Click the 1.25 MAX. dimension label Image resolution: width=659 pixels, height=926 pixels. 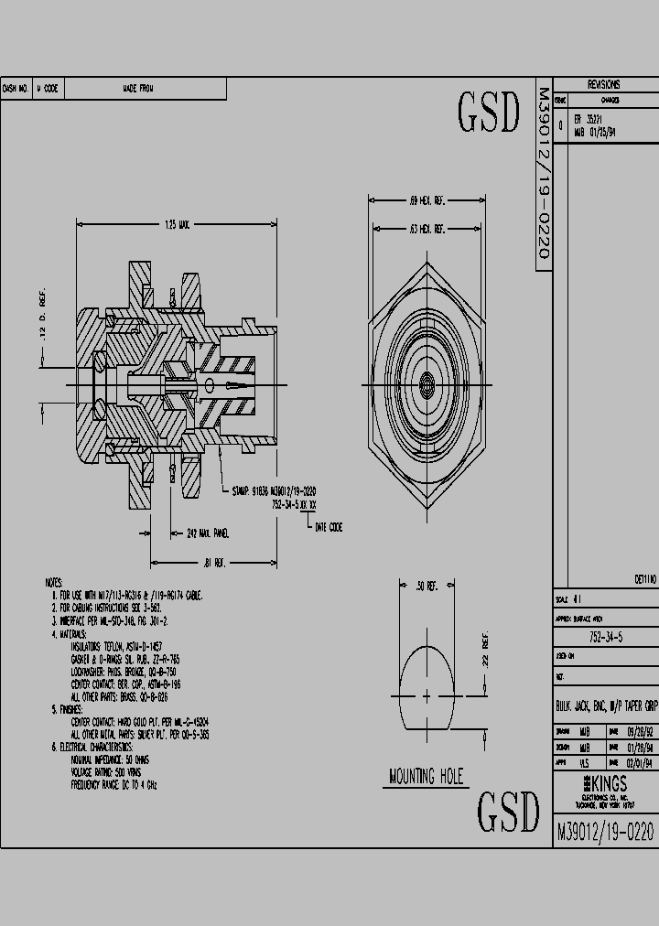[177, 224]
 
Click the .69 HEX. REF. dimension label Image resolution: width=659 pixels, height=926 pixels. [426, 199]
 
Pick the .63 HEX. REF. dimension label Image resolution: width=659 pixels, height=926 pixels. [426, 229]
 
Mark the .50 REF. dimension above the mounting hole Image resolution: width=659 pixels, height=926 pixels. [427, 585]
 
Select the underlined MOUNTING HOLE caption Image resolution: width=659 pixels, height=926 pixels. [427, 778]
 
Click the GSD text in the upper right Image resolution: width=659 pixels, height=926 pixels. [488, 113]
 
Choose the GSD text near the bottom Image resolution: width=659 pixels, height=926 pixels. [508, 811]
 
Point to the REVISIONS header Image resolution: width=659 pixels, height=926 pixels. [604, 84]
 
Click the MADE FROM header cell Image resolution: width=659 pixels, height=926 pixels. [138, 89]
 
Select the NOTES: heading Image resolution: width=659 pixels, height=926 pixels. [54, 582]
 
